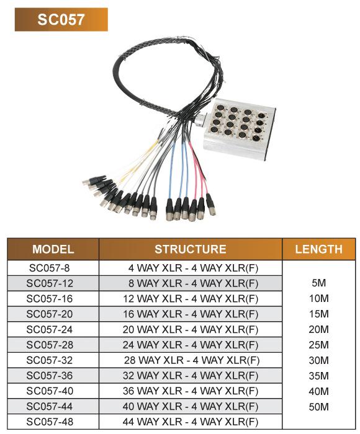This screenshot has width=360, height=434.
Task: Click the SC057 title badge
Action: pos(61,19)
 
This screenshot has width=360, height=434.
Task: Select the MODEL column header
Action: pos(53,249)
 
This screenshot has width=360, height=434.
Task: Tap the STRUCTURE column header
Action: pos(191,249)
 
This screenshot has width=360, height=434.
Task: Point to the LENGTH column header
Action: pos(318,249)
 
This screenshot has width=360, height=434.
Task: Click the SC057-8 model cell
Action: pos(53,268)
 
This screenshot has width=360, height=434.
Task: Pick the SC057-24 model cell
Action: pos(53,329)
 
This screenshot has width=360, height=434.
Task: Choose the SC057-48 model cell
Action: pos(53,422)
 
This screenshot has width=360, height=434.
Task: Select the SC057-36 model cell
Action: pos(53,376)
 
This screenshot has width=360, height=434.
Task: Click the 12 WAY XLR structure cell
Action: pos(191,299)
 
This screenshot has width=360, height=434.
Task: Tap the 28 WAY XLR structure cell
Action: pos(191,360)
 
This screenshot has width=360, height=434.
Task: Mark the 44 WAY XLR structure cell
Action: pos(191,422)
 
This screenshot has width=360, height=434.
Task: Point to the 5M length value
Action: pos(318,283)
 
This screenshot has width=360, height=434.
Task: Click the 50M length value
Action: pos(318,407)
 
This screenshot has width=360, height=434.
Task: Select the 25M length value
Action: pos(318,345)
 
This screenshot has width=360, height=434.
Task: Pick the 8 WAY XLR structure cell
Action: pos(191,283)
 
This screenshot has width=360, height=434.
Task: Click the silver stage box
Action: pos(240,129)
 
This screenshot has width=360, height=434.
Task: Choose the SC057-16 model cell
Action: pos(53,299)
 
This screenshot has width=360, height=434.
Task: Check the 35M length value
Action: pos(318,376)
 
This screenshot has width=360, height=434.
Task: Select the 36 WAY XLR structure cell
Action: pos(191,391)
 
